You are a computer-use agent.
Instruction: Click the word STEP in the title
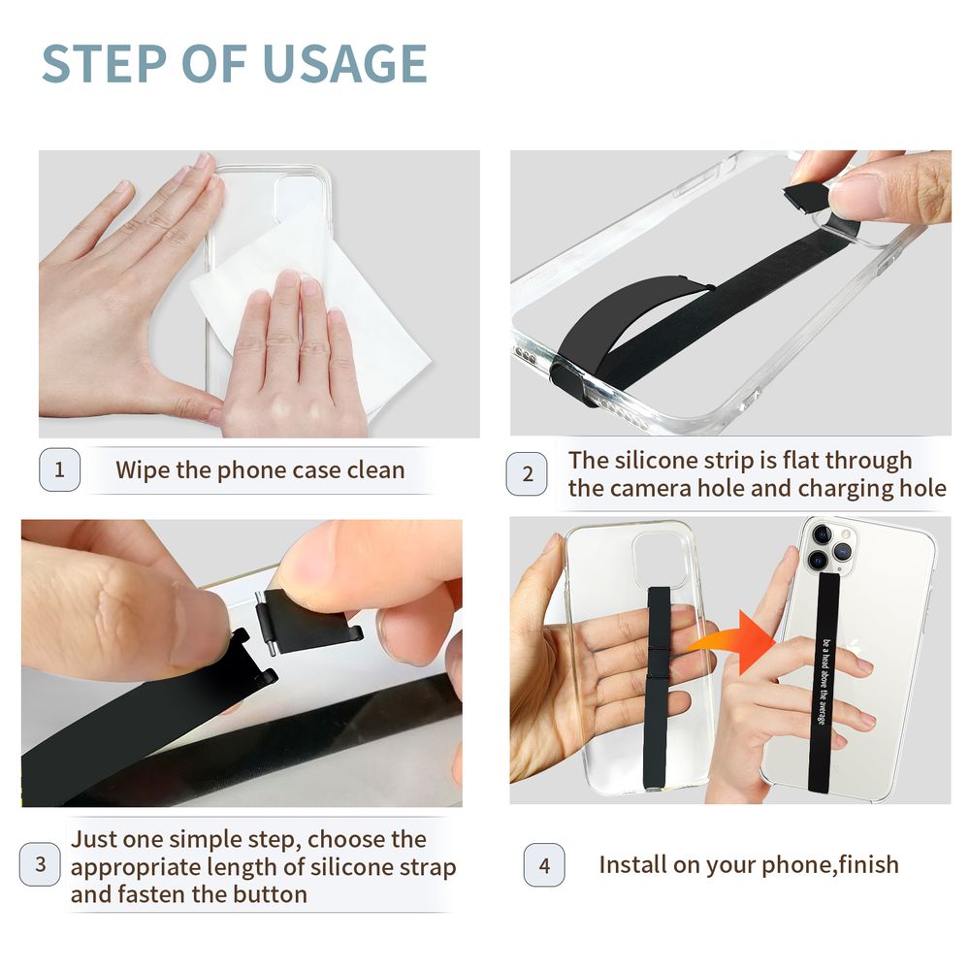101,64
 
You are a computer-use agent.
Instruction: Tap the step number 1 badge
59,470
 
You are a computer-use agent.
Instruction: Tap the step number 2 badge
527,474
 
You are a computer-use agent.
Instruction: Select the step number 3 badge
40,864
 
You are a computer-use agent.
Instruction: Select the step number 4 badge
543,865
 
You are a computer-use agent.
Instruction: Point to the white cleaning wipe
291,291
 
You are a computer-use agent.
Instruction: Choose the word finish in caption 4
863,864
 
